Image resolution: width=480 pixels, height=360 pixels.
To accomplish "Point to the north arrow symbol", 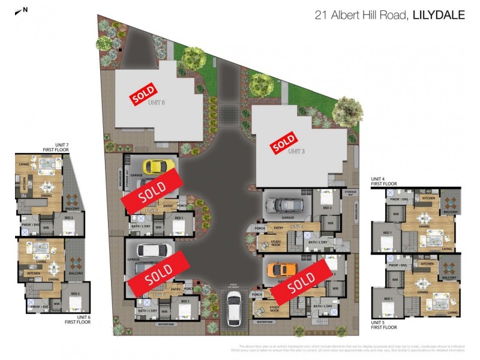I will (24, 10).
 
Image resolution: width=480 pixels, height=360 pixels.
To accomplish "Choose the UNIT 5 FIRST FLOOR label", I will (384, 325).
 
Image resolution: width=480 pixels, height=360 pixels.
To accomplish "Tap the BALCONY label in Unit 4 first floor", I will (451, 212).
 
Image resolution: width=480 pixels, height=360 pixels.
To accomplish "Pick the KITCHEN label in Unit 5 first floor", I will (427, 263).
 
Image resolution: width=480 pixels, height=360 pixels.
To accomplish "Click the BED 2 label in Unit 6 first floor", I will (75, 293).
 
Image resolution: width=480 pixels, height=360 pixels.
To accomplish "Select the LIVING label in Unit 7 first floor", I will (25, 163).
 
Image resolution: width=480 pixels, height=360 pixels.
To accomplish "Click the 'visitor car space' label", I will (233, 287).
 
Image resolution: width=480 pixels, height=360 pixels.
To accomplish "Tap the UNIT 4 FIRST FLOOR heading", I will (384, 181).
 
